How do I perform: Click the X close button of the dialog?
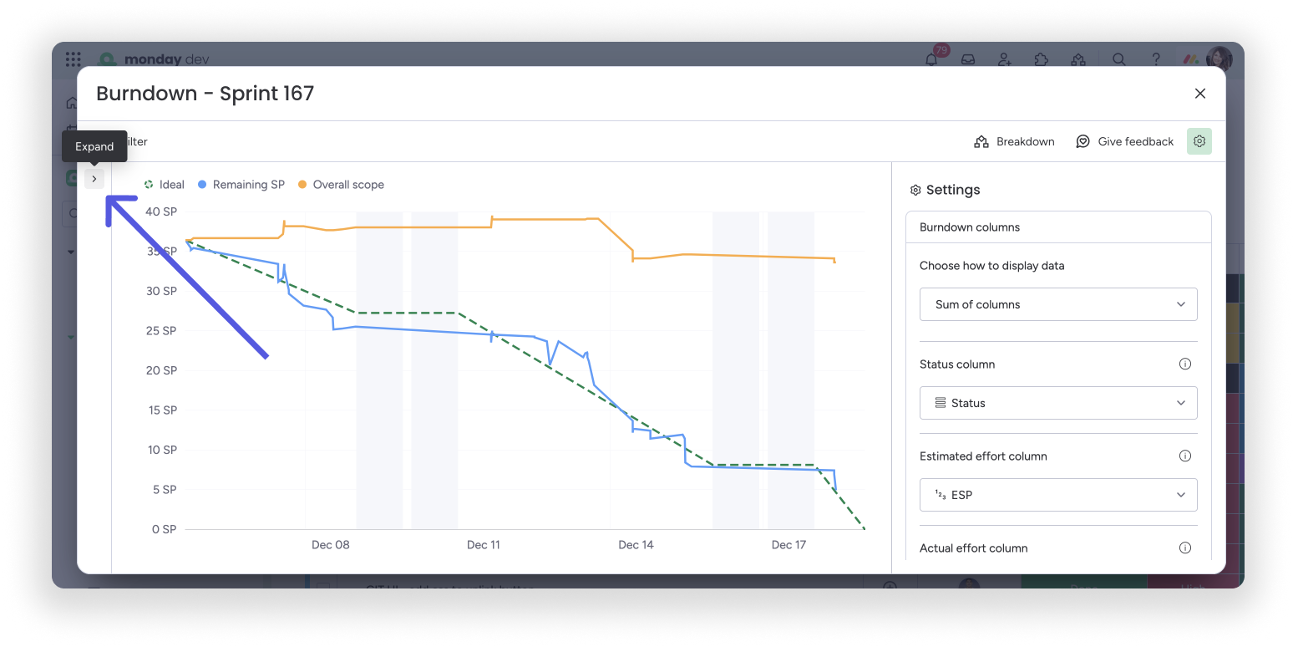pyautogui.click(x=1199, y=94)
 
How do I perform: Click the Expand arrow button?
pyautogui.click(x=94, y=179)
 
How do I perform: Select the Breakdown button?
pyautogui.click(x=1014, y=142)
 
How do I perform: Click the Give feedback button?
pyautogui.click(x=1124, y=142)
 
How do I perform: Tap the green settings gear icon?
pyautogui.click(x=1199, y=141)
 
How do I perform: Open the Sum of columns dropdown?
pyautogui.click(x=1057, y=304)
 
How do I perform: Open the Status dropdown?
pyautogui.click(x=1057, y=403)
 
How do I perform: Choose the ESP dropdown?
pyautogui.click(x=1057, y=495)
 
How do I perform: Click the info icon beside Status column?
pyautogui.click(x=1184, y=364)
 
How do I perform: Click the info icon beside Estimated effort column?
pyautogui.click(x=1184, y=456)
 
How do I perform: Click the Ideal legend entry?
pyautogui.click(x=165, y=185)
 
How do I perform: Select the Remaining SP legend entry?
pyautogui.click(x=241, y=185)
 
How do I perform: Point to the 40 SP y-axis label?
pyautogui.click(x=160, y=212)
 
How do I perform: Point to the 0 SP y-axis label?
pyautogui.click(x=164, y=529)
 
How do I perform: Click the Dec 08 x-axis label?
pyautogui.click(x=330, y=545)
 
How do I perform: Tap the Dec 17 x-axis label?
pyautogui.click(x=788, y=545)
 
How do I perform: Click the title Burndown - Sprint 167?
pyautogui.click(x=205, y=94)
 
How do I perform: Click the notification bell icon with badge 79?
pyautogui.click(x=931, y=59)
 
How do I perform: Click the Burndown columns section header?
pyautogui.click(x=969, y=227)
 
